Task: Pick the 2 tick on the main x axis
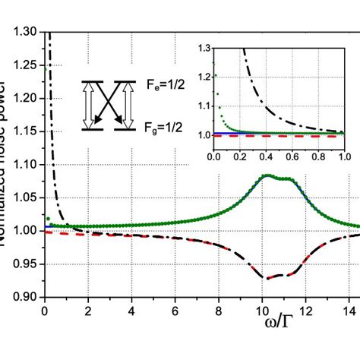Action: pos(88,310)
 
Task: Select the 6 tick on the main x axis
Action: pos(175,310)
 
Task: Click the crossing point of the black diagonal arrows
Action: pos(108,105)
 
